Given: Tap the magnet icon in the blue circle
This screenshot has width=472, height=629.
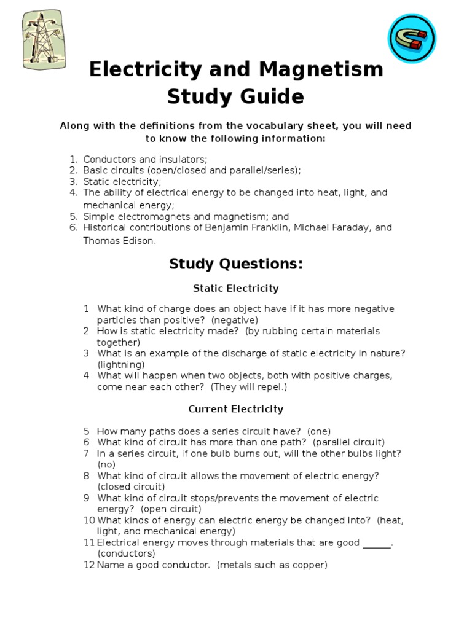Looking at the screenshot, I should point(411,38).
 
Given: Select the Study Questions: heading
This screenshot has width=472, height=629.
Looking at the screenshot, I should point(236,264).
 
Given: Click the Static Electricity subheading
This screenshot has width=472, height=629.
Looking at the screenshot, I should point(235,288).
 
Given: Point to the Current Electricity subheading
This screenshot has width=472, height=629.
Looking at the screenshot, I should point(235,409).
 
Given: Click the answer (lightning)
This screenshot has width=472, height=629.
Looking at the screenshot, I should point(121,364).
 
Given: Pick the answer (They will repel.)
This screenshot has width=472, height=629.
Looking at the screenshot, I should point(249,387).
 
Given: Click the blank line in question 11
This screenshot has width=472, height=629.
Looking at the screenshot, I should point(377,544).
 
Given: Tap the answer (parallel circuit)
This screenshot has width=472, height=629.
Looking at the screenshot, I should point(348,442).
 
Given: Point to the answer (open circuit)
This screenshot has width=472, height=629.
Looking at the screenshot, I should point(171,509).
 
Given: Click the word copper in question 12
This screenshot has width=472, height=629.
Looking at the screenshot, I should point(309,565).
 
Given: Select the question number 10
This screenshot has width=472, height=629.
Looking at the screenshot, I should point(88,520).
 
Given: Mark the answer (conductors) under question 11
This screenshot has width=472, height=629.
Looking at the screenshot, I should point(126,553).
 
